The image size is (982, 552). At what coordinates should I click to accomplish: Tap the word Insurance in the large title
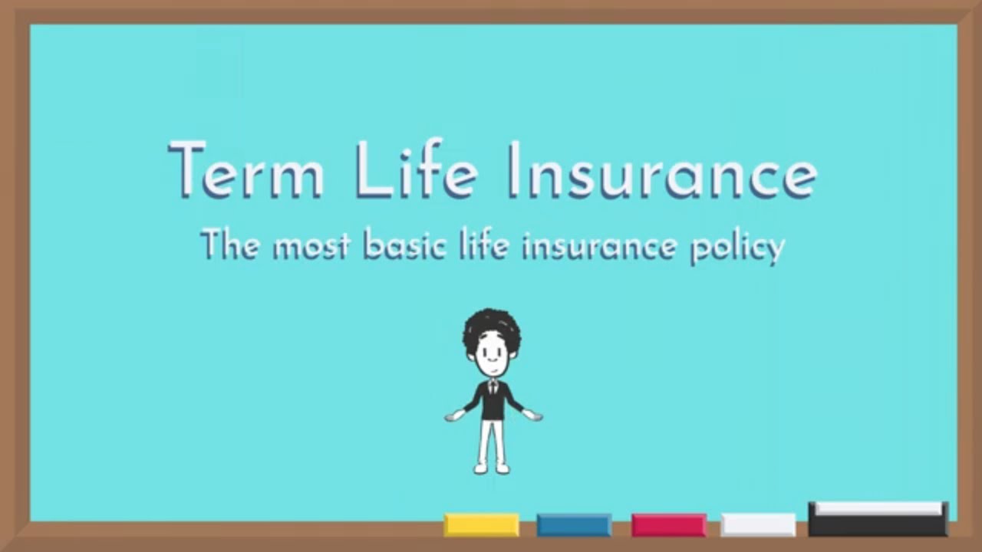[x=661, y=170]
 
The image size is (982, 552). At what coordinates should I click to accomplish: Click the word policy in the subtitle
[x=737, y=248]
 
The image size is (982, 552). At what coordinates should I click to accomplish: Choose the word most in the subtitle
[x=311, y=246]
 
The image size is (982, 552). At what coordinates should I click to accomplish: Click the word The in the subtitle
[x=229, y=245]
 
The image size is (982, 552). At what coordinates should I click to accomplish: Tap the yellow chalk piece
[x=481, y=525]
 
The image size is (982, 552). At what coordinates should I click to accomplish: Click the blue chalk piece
[x=574, y=525]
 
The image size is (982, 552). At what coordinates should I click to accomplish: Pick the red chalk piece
[x=668, y=525]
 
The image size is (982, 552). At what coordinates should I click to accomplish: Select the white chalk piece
[x=758, y=525]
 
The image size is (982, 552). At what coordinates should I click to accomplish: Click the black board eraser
[x=878, y=521]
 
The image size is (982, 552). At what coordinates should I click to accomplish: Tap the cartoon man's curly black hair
[x=492, y=326]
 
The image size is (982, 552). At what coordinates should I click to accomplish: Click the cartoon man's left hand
[x=533, y=416]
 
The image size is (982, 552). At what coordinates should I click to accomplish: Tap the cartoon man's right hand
[x=454, y=416]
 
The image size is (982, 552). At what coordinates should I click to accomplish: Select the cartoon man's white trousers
[x=493, y=440]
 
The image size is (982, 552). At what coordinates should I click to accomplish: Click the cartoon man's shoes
[x=492, y=468]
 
